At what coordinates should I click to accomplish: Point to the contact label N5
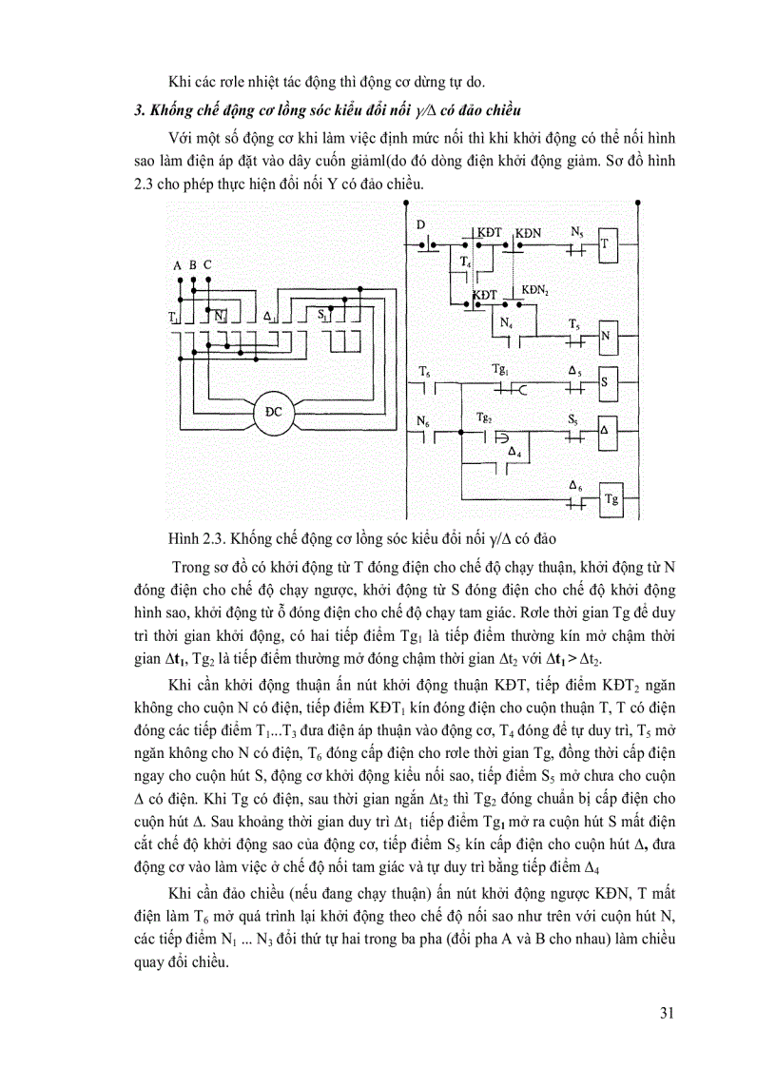[577, 231]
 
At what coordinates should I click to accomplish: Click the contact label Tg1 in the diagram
[500, 369]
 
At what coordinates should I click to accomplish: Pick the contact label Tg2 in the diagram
[484, 417]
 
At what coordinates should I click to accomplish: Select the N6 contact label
[423, 419]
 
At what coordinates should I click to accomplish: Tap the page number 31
[667, 1012]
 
